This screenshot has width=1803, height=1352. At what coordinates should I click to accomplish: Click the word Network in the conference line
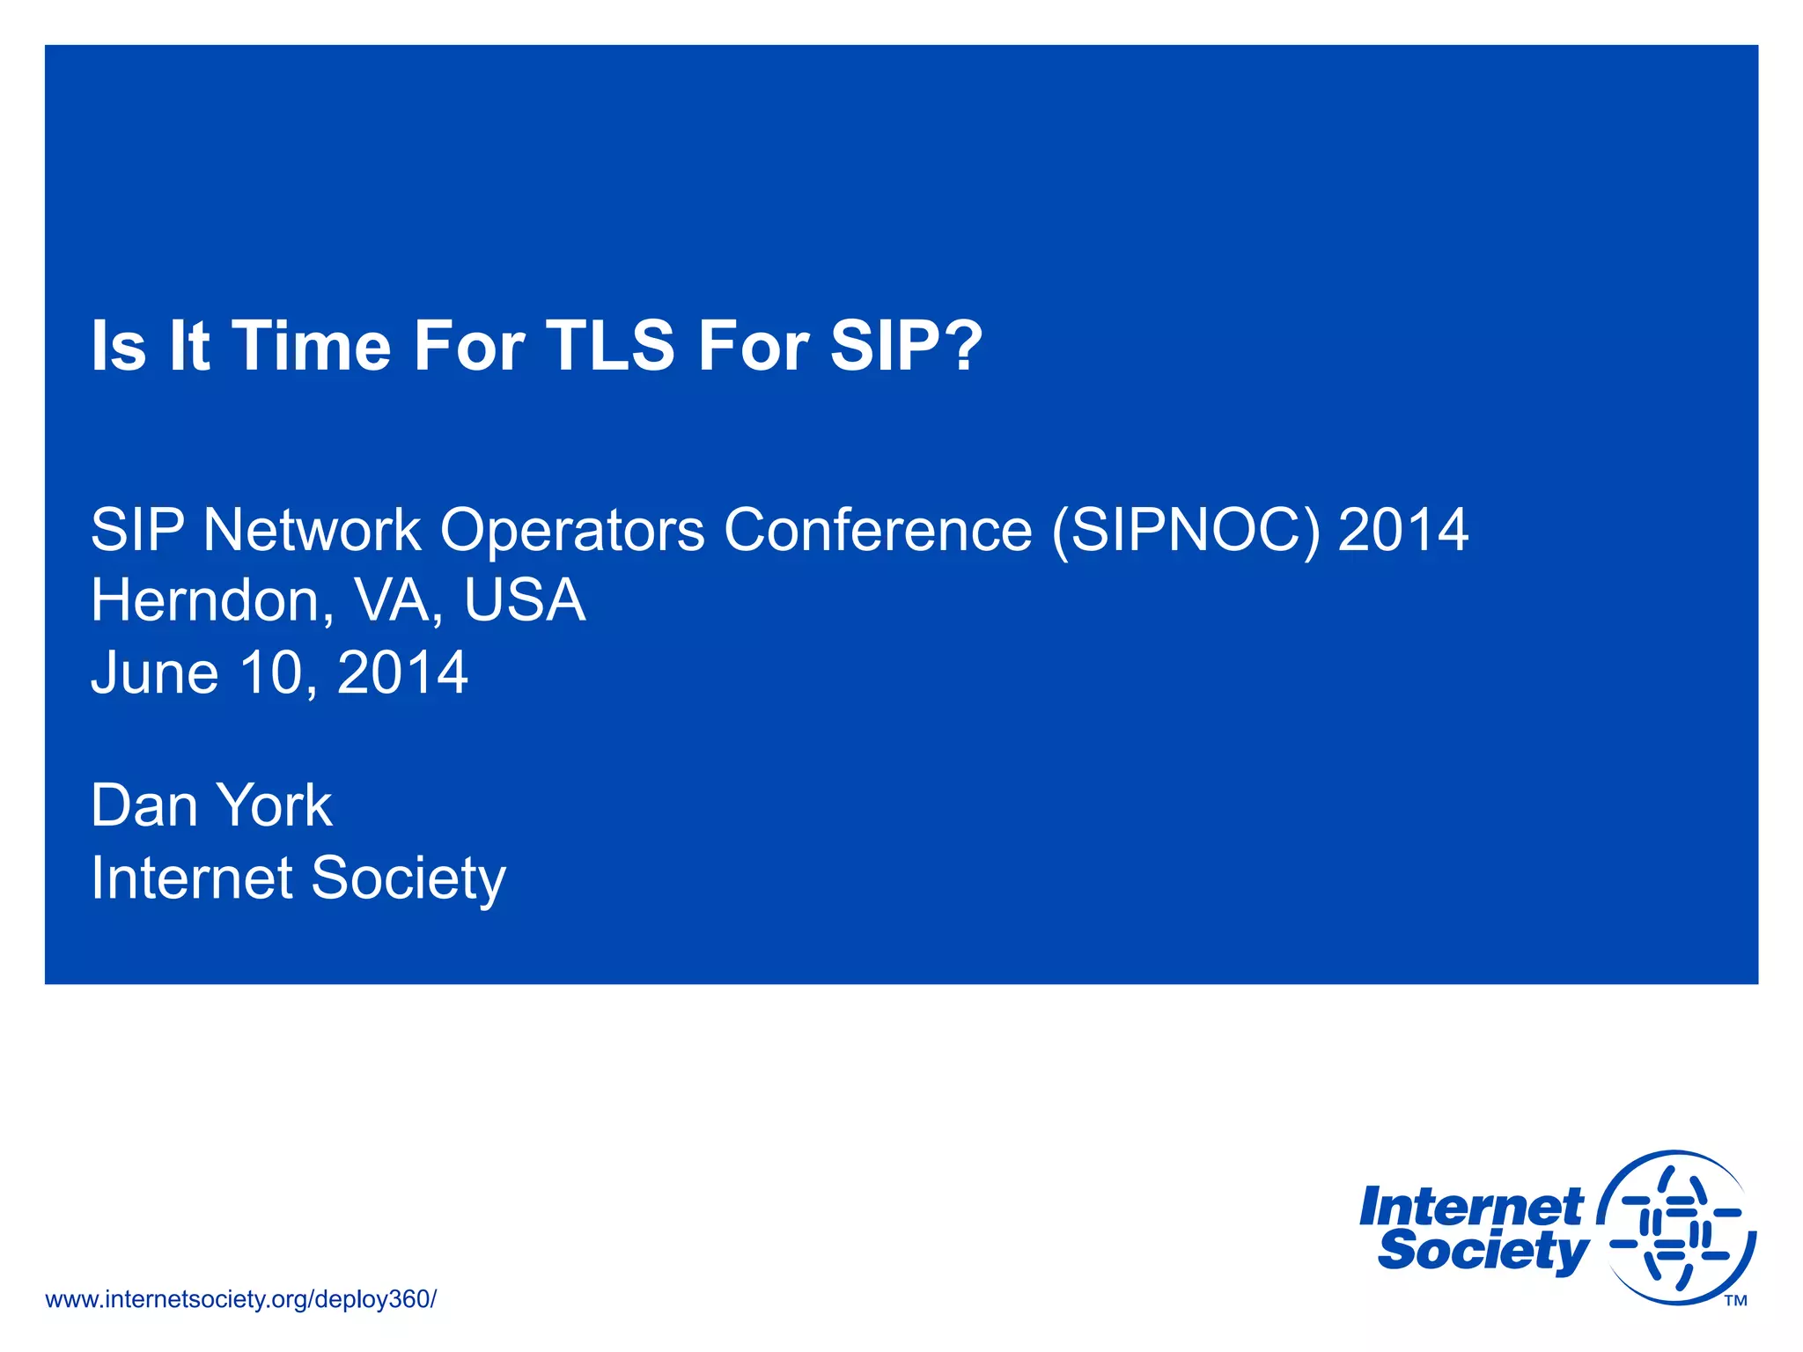pos(312,531)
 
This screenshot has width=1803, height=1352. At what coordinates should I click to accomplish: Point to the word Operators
pos(572,531)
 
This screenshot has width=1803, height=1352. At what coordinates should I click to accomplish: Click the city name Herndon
pos(205,601)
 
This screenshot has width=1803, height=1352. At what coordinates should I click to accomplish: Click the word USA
pos(525,601)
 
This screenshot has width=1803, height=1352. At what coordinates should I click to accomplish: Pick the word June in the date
pos(155,673)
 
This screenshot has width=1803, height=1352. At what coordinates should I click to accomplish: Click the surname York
pos(274,806)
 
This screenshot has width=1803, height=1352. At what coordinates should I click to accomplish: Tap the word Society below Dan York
pos(408,878)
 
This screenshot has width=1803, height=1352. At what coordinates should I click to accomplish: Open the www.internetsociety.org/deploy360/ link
pos(240,1299)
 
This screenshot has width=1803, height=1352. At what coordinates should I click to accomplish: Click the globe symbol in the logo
pos(1675,1227)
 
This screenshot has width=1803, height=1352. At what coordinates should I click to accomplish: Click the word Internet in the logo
pos(1470,1207)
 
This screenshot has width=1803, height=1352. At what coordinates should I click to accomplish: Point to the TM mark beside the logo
pos(1735,1301)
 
